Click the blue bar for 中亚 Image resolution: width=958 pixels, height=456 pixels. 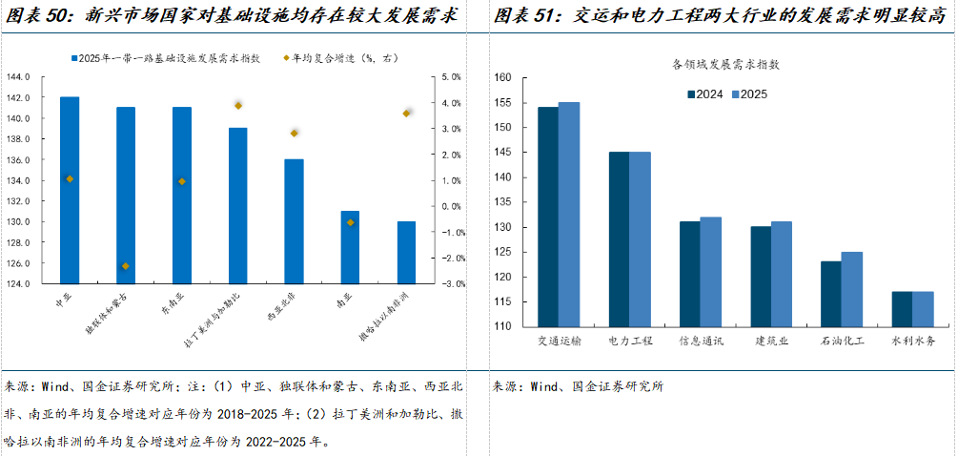tap(69, 190)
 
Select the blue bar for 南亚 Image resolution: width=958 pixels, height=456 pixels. tap(350, 247)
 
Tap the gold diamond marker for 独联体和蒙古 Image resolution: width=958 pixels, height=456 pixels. tap(125, 266)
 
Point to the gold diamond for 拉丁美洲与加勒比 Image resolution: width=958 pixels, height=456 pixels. tap(238, 105)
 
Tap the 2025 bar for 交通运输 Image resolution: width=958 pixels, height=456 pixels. tap(568, 215)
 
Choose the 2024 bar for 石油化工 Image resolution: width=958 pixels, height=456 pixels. tap(831, 294)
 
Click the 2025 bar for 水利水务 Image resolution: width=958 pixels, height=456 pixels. tap(923, 309)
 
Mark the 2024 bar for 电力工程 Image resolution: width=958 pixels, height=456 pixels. tap(619, 239)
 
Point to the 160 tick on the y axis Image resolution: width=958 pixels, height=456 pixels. tap(503, 77)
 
